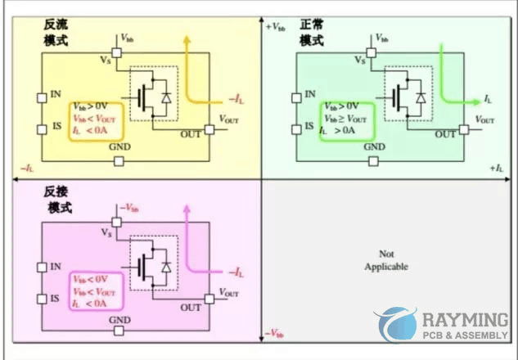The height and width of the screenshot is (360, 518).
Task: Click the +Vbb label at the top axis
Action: tap(277, 27)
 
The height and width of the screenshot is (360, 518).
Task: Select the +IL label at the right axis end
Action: tap(496, 167)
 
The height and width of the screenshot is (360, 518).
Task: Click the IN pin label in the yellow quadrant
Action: tap(56, 97)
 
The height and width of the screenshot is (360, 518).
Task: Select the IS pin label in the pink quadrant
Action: tap(56, 298)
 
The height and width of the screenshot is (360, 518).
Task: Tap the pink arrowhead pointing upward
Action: tap(187, 211)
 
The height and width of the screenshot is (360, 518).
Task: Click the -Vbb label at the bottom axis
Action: tap(276, 334)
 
